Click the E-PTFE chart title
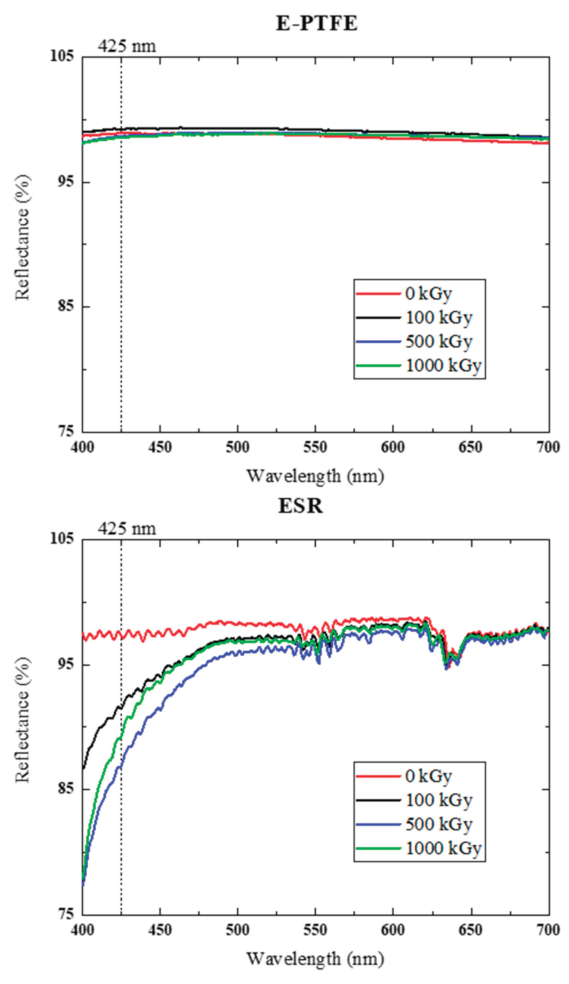[316, 23]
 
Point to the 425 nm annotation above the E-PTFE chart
[127, 46]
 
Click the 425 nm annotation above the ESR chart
[127, 529]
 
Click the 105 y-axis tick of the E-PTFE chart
[62, 56]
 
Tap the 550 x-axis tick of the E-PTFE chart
[315, 447]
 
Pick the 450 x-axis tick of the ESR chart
[160, 930]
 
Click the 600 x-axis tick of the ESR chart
[393, 930]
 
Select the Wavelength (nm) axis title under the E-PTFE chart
[315, 476]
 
